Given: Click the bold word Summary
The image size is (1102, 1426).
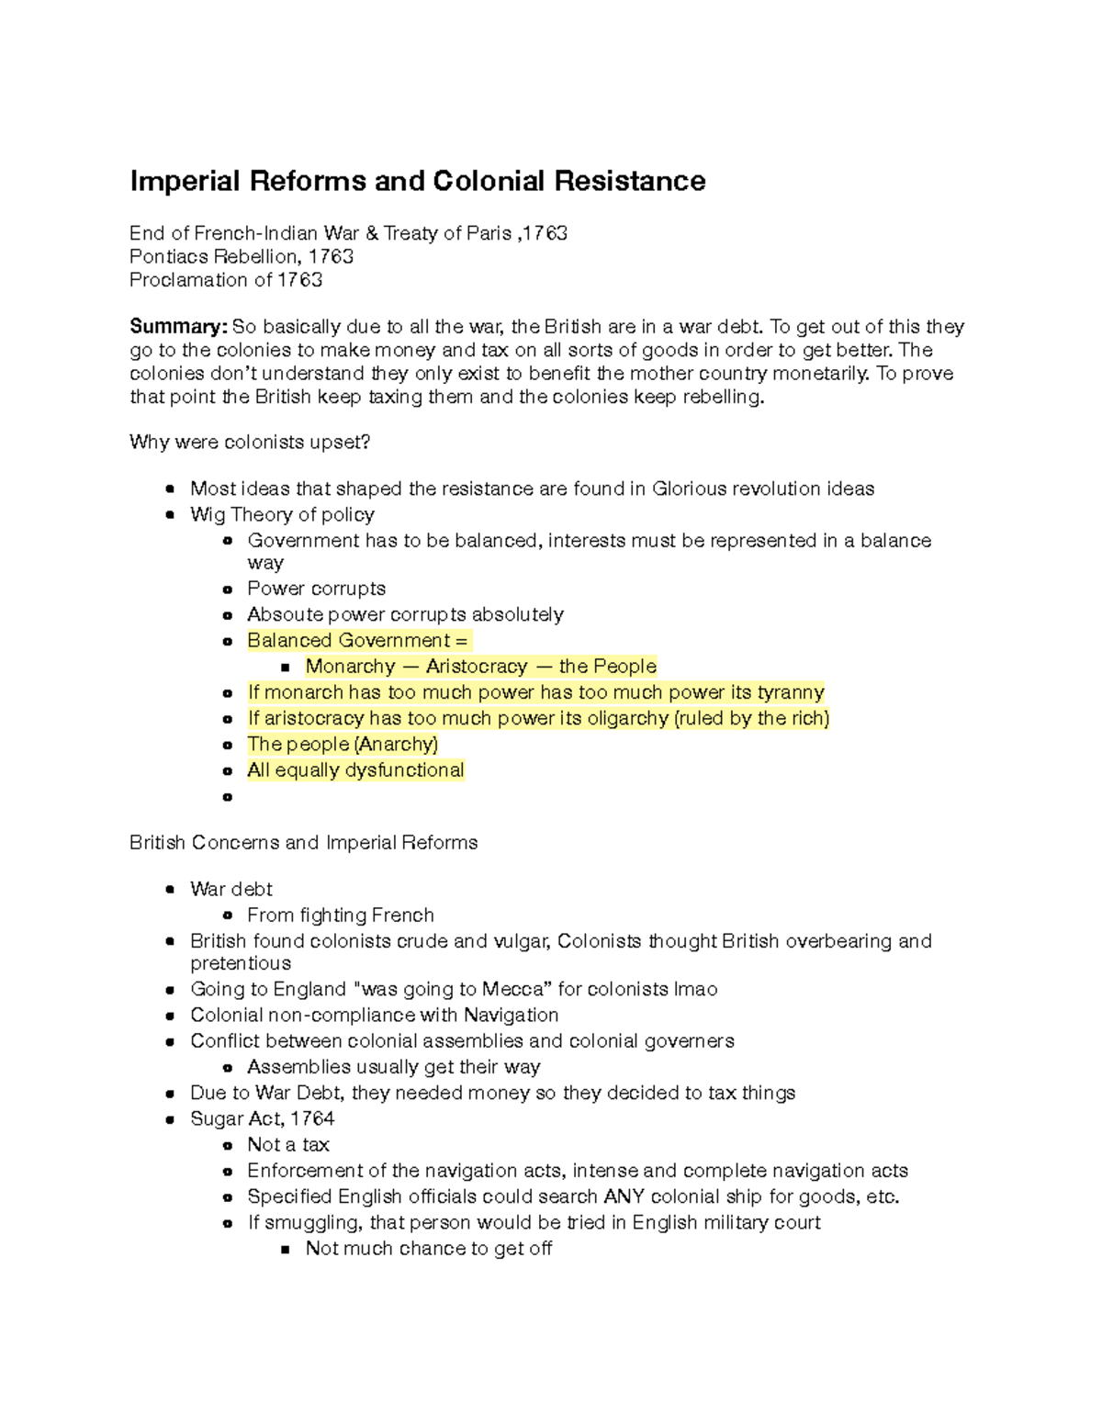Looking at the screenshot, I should click(x=178, y=327).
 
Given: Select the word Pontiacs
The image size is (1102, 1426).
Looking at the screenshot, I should click(x=168, y=257).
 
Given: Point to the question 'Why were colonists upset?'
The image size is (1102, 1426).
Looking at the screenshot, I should click(x=250, y=443).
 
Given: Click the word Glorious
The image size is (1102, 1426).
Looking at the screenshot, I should click(x=687, y=488).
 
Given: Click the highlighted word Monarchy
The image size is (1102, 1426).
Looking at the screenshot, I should click(x=350, y=667).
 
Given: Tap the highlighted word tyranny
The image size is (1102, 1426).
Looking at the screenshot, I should click(x=791, y=692).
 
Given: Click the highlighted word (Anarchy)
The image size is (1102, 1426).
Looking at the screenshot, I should click(x=396, y=744).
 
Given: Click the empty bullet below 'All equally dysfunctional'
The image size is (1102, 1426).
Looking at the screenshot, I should click(x=227, y=797).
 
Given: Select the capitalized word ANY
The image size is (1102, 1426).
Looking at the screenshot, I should click(x=624, y=1196).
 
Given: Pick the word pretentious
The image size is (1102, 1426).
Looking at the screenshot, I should click(x=241, y=963).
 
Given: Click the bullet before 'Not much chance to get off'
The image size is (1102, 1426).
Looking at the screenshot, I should click(x=286, y=1250).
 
